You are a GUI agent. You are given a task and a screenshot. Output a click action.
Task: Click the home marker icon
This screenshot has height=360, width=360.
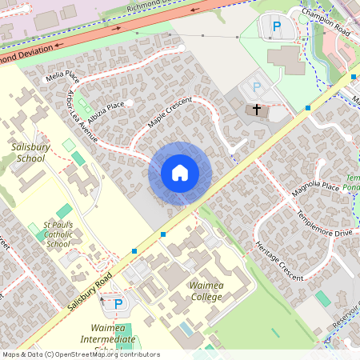pos(180,173)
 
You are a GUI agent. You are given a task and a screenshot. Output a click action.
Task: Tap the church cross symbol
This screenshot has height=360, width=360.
pos(257,110)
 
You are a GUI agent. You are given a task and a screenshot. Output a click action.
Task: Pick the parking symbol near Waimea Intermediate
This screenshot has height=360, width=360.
pos(118,304)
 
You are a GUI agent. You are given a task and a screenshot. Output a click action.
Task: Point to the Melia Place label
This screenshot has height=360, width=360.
pos(62,77)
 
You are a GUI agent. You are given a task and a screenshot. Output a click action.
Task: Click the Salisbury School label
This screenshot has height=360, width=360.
pos(30,153)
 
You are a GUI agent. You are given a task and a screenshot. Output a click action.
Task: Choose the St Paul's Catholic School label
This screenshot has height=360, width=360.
pos(58,234)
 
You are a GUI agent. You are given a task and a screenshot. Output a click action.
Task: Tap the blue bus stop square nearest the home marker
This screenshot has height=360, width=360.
pos(163,234)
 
